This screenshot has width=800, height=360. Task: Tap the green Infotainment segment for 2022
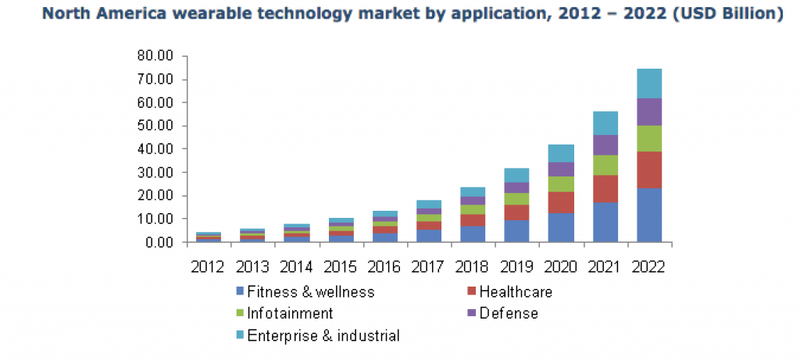point(649,138)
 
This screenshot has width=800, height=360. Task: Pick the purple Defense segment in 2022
point(649,112)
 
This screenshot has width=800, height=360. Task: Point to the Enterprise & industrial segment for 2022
point(649,84)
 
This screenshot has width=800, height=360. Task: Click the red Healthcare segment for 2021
point(605,189)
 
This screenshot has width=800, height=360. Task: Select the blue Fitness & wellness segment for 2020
point(561,227)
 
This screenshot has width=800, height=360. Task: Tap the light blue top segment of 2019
point(516,175)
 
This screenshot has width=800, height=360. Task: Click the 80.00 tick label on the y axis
point(155,56)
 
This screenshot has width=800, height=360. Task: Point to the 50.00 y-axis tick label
point(155,126)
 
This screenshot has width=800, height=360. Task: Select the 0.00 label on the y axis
point(158,242)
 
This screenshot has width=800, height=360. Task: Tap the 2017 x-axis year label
point(428,267)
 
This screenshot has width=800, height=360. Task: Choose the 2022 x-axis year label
point(649,267)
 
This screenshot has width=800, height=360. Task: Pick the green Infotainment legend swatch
point(240,314)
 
